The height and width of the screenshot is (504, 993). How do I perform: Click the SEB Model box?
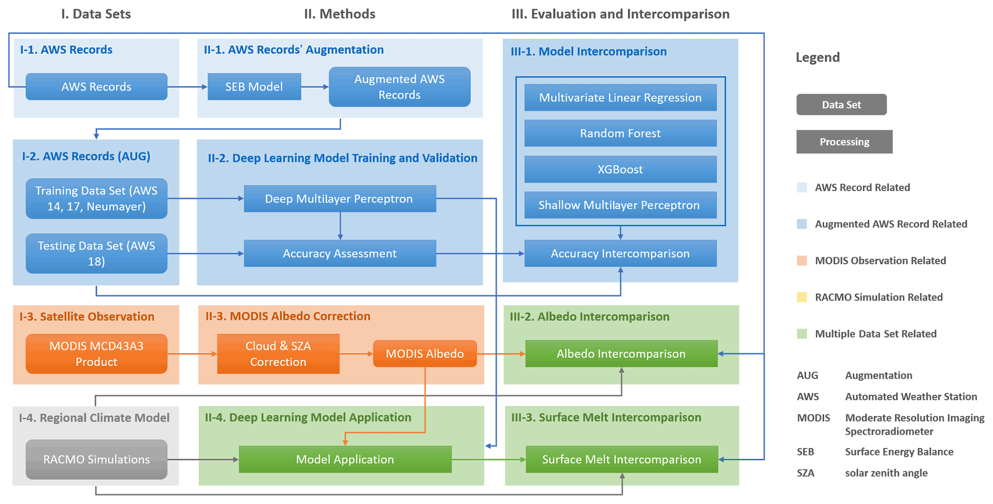[254, 86]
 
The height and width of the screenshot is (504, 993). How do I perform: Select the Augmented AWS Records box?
[399, 87]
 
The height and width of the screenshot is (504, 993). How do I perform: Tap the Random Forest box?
[620, 133]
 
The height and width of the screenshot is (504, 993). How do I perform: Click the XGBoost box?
[620, 169]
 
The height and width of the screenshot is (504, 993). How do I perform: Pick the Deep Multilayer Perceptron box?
[340, 198]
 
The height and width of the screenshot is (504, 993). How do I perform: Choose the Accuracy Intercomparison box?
[620, 253]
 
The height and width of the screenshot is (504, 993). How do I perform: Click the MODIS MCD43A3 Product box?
[97, 354]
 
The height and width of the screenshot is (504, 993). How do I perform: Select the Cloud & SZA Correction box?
[278, 354]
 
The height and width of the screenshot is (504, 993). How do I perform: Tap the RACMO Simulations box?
[97, 459]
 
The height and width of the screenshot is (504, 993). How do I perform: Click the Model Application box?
[345, 459]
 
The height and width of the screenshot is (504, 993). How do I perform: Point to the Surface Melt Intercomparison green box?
[622, 459]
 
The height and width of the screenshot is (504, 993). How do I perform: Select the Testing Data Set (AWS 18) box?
[97, 253]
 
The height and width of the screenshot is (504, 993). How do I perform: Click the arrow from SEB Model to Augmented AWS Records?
[315, 87]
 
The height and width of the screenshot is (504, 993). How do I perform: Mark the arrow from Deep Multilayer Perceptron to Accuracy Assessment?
[340, 225]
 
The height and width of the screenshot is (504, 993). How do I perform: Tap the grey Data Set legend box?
[841, 105]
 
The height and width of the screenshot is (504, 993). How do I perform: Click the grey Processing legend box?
[844, 142]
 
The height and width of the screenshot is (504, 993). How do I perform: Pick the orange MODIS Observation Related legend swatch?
[802, 260]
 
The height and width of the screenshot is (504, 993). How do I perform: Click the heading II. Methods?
[340, 14]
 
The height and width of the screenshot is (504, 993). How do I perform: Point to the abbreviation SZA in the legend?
[806, 473]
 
